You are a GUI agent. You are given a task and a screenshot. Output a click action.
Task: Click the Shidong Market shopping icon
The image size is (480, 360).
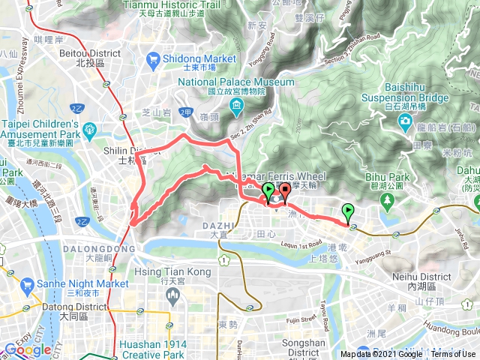point(154,58)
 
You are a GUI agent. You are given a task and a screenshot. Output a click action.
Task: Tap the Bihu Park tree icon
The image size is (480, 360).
point(388,199)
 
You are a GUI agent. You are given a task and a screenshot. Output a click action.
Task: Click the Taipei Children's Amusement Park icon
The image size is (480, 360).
point(88,128)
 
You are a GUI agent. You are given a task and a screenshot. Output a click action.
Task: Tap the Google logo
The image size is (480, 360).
point(27,349)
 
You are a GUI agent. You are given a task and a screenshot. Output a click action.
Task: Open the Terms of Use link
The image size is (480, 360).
point(452,355)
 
